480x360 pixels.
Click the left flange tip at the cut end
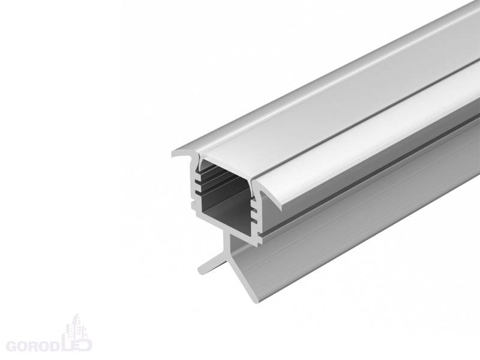coord(173,155)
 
